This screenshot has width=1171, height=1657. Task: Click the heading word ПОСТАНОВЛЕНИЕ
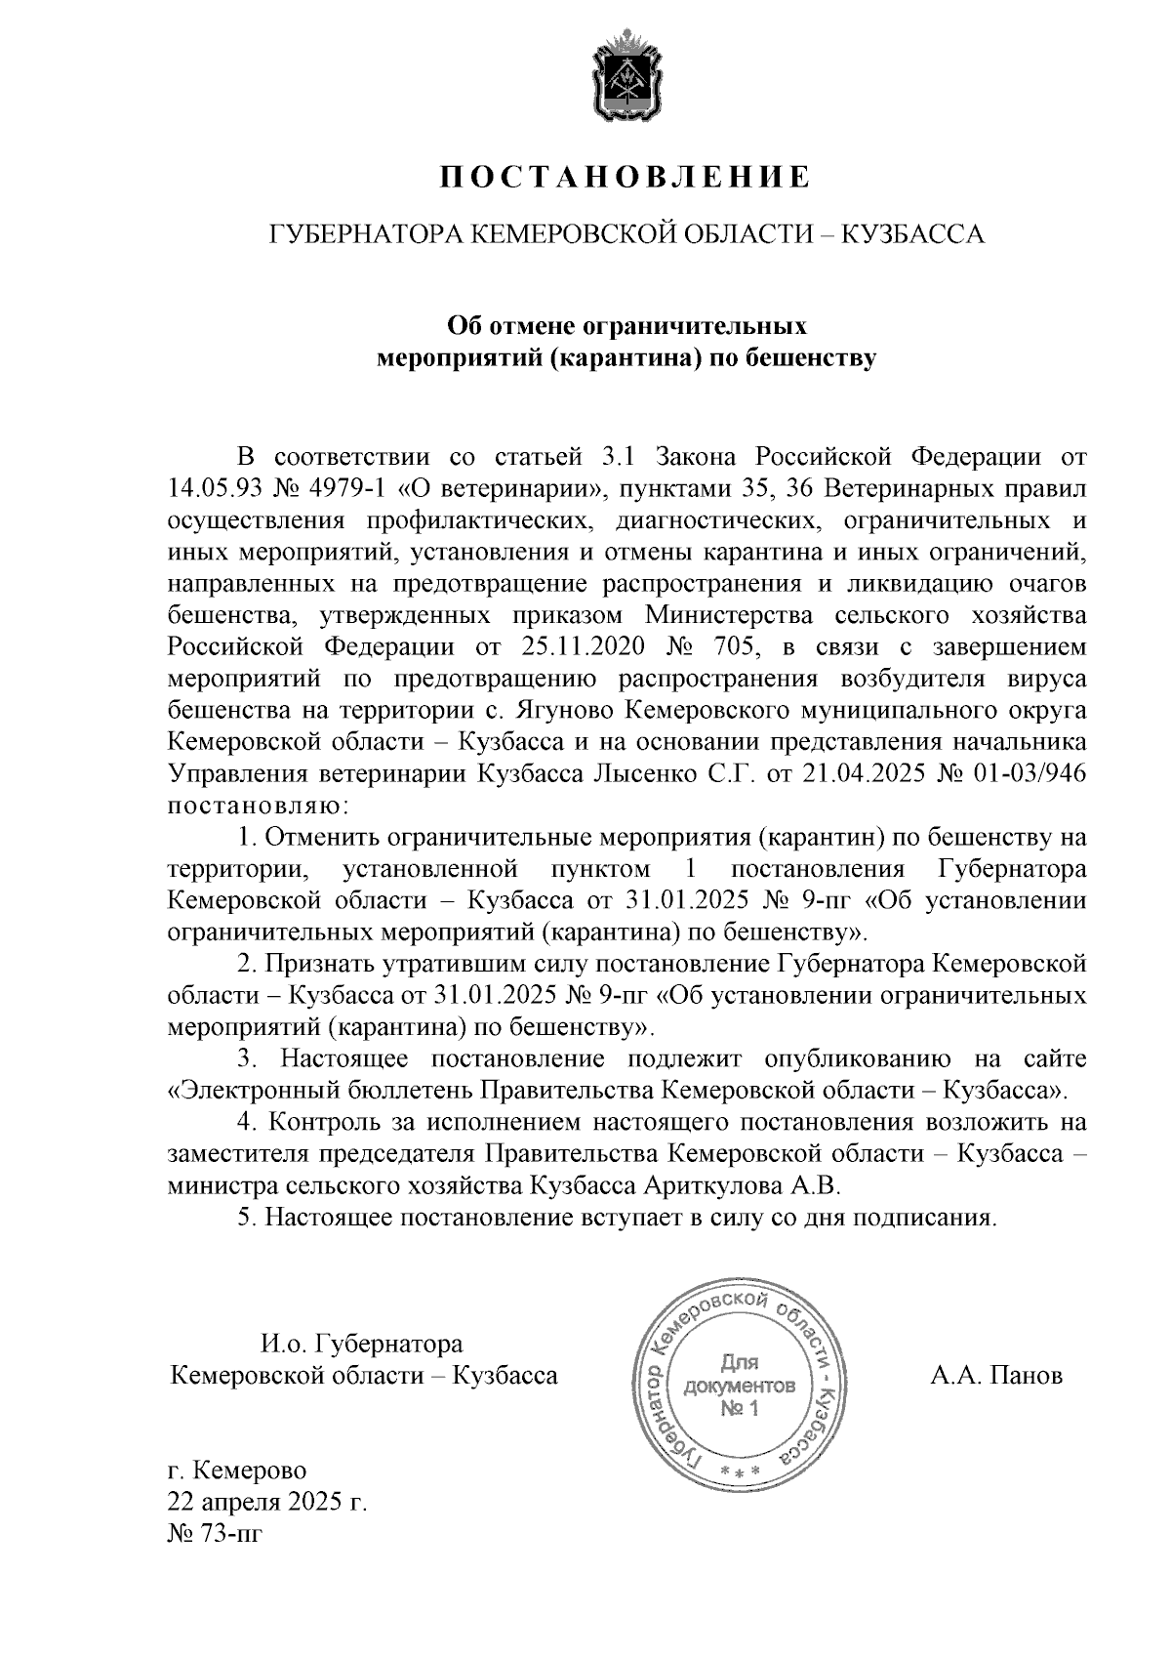[625, 177]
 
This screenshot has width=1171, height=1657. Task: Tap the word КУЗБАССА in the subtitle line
[912, 234]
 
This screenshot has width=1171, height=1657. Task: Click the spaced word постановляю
[258, 807]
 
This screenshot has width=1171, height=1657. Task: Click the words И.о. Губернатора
[361, 1345]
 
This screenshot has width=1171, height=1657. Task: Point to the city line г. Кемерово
[237, 1471]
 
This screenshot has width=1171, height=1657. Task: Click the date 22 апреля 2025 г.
[267, 1503]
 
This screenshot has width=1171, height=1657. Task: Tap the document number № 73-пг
[216, 1534]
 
